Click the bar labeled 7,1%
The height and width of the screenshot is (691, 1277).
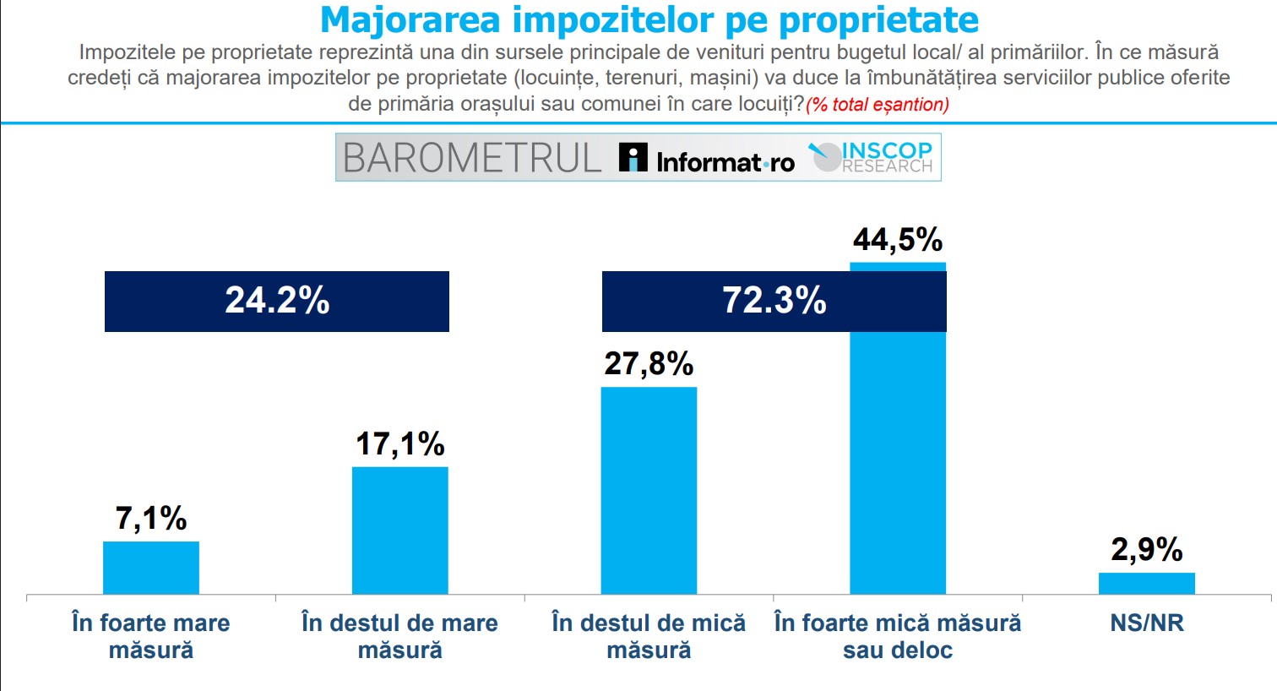point(151,568)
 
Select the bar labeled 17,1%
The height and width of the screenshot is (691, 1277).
point(400,530)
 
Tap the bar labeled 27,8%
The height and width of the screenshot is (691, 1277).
point(649,491)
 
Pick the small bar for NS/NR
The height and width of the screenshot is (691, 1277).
point(1147,584)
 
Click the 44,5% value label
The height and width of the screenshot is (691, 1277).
point(898,240)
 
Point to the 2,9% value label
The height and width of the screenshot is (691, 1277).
point(1147,550)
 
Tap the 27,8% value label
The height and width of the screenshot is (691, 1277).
point(649,364)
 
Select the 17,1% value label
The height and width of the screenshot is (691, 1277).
point(400,444)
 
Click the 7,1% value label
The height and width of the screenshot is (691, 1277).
point(151,519)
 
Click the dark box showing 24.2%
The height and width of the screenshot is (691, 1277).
point(277,302)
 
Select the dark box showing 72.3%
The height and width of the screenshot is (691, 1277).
point(774,302)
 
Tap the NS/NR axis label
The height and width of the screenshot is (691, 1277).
point(1147,623)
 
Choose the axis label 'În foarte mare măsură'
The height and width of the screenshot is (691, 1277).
point(151,636)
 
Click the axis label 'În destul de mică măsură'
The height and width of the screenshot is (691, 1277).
point(649,636)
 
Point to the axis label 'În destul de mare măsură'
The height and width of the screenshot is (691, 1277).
point(400,636)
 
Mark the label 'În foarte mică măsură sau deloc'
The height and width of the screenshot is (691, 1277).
point(898,636)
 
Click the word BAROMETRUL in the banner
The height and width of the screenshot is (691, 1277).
point(472,158)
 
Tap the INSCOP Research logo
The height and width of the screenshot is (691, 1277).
point(875,157)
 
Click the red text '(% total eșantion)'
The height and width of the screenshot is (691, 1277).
point(878,105)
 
